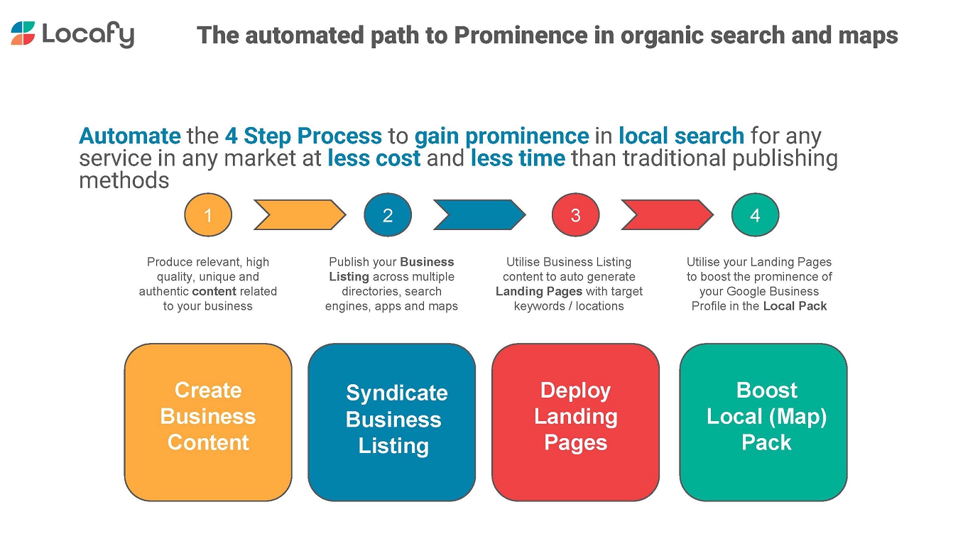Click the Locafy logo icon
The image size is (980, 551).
click(23, 33)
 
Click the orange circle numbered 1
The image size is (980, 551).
click(208, 214)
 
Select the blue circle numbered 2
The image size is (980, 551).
click(388, 214)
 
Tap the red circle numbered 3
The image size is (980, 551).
click(575, 214)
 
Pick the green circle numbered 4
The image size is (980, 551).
click(755, 214)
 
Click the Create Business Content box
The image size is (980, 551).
click(208, 422)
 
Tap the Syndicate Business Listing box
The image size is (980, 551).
click(391, 422)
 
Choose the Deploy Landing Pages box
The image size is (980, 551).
click(575, 422)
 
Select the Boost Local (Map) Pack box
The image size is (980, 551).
click(763, 422)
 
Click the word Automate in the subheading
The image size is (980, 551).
click(129, 136)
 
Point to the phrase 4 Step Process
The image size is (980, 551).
click(303, 136)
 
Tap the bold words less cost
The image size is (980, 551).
click(374, 158)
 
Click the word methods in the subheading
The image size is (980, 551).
click(124, 180)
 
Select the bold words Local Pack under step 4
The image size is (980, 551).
click(795, 306)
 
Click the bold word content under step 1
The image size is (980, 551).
click(214, 291)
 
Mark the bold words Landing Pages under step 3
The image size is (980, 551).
click(538, 291)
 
